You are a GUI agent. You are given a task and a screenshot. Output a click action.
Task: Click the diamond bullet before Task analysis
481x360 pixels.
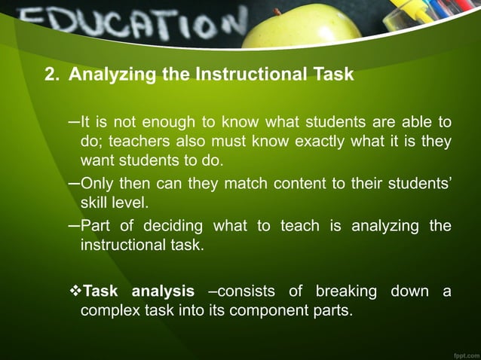[x=74, y=291]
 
